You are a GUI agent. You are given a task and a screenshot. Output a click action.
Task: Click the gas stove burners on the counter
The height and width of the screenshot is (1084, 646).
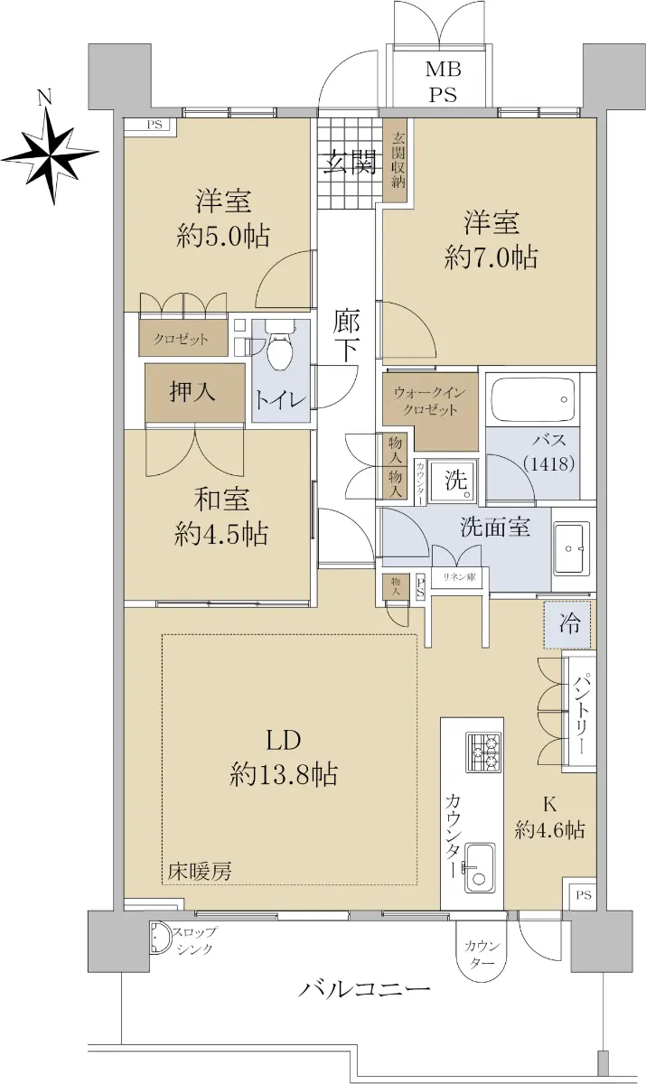pos(483,752)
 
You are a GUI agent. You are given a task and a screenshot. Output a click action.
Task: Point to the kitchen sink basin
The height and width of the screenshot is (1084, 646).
pos(480,870)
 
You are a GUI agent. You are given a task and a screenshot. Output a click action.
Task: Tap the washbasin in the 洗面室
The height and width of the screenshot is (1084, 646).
pos(573,549)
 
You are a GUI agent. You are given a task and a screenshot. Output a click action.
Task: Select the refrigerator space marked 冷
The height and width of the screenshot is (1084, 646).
pos(566,625)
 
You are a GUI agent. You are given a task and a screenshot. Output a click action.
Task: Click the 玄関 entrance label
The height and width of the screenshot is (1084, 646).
pos(351,163)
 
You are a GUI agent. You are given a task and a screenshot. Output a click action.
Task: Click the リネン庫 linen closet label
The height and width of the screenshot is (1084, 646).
pos(459,577)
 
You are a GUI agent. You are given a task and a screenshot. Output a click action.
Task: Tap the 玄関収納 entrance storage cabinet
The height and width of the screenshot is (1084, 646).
pos(399,160)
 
